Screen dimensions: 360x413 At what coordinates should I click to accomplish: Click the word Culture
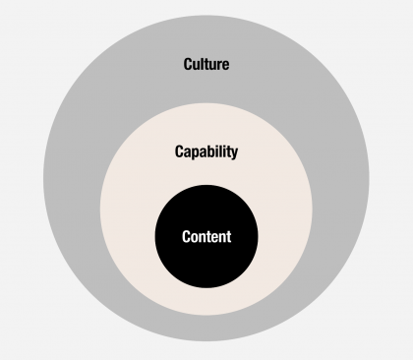(206, 65)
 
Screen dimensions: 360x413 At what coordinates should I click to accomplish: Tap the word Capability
(206, 152)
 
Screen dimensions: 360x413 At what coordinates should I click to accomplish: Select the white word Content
(206, 237)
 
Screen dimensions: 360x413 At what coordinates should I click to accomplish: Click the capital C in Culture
(189, 65)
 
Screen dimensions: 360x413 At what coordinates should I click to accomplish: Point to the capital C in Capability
(180, 152)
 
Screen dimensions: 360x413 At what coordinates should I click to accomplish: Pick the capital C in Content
(187, 237)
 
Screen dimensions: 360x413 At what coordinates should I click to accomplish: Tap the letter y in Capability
(234, 154)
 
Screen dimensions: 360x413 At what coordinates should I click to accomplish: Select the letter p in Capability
(198, 154)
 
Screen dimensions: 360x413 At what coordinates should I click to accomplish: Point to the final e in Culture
(225, 66)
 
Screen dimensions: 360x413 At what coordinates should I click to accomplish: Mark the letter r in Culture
(218, 66)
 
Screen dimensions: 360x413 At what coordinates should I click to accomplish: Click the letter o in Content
(196, 238)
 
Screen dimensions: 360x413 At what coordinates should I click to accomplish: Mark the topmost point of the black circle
(206, 184)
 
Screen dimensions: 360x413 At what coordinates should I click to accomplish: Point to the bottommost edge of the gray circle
(206, 340)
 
